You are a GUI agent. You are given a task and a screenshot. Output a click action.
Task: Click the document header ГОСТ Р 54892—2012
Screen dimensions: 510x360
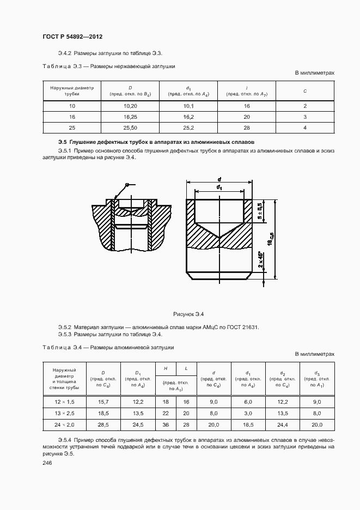point(72,37)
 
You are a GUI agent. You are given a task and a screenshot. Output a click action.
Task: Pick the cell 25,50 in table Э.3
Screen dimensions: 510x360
point(130,127)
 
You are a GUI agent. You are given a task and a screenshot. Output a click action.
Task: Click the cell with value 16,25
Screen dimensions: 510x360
point(130,117)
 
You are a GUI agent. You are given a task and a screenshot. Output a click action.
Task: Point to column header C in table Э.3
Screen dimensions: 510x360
point(305,90)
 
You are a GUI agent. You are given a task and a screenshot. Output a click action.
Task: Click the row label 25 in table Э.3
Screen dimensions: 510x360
point(72,127)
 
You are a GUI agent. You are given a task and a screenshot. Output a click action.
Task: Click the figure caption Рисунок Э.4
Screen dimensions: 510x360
point(188,314)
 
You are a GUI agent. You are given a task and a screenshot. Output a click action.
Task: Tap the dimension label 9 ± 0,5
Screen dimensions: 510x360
point(260,211)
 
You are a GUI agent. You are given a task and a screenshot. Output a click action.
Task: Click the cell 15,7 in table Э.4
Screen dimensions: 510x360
point(102,402)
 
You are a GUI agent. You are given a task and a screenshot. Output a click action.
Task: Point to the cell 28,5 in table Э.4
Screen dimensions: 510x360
point(102,424)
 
